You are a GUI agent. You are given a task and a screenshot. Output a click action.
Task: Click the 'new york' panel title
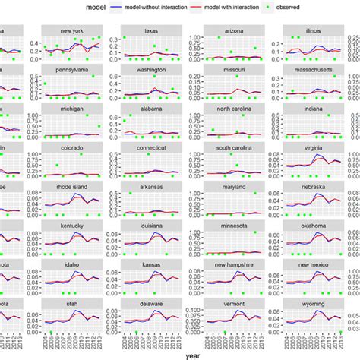pos(72,32)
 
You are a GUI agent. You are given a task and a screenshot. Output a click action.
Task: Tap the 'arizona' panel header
pos(233,32)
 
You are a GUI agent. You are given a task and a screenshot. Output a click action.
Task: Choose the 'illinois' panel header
pos(314,32)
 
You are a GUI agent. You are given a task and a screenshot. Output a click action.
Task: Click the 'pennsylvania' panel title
pos(72,71)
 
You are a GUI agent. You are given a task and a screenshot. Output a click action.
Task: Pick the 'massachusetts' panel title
pos(314,71)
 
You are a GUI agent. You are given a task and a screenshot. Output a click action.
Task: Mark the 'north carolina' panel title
pos(233,109)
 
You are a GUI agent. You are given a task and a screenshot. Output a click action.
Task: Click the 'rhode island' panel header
pos(72,187)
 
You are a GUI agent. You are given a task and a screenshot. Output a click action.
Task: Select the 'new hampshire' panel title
pos(233,264)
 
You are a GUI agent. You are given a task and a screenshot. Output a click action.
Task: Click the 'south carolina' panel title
pos(233,148)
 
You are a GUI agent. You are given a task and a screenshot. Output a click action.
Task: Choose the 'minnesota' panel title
pos(233,226)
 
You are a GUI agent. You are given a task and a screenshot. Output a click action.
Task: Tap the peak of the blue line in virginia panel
pos(320,156)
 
